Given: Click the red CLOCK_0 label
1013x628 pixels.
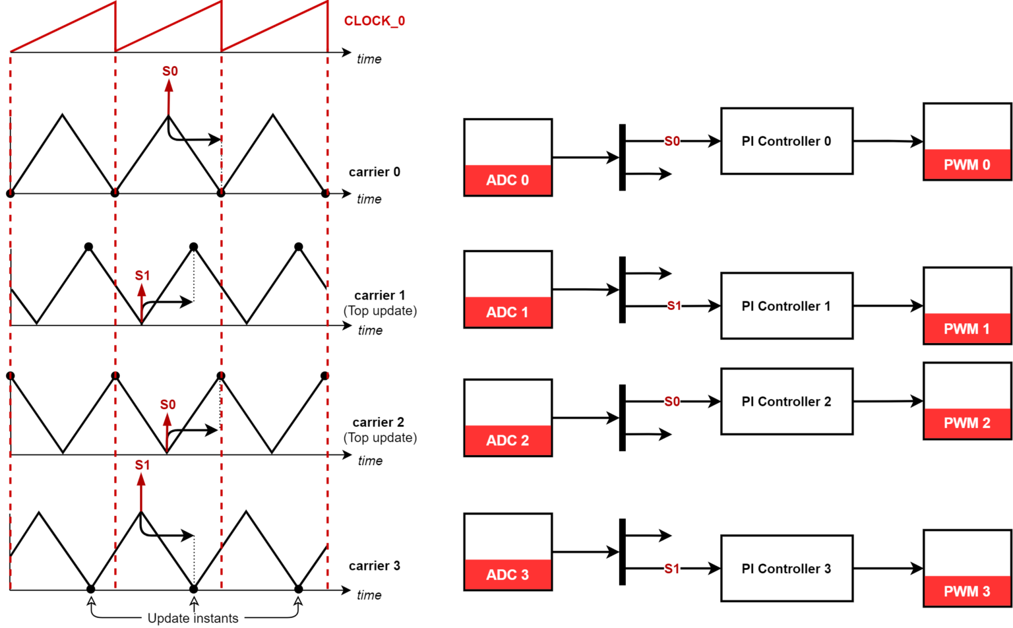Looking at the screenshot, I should coord(374,21).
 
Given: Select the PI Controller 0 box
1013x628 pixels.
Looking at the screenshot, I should coord(786,141).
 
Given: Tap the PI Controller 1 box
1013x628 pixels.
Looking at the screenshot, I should coord(786,306).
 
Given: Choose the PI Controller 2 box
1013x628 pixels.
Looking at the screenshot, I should coord(786,402).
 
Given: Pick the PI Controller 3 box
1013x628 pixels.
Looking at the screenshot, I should coord(786,569).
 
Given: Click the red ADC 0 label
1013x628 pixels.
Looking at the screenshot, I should coord(507,180).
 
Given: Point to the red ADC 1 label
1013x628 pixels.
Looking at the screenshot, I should coord(507,312).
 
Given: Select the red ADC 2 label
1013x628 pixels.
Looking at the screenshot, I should coord(507,441).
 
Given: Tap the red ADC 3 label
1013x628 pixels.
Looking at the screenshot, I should coord(507,575).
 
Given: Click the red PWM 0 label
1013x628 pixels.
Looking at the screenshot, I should coord(967,165).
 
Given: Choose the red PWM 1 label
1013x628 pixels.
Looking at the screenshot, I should coord(967,329).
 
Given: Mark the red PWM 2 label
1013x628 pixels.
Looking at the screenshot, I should coord(967,424).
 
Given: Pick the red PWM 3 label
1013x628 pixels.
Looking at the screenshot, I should coord(967,591).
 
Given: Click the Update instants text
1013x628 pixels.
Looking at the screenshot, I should coord(193,618).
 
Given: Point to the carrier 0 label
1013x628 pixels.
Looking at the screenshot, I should coord(374,172).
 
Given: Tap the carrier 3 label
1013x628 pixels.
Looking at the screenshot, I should coord(374,566).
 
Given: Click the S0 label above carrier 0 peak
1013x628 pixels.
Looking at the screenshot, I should coord(169,71).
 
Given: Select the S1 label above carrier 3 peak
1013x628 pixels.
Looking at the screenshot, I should coord(142,465).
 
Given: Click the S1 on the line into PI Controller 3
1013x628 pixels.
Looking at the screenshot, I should coord(671,569).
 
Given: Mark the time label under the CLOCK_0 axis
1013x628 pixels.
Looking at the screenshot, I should coord(369,59).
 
